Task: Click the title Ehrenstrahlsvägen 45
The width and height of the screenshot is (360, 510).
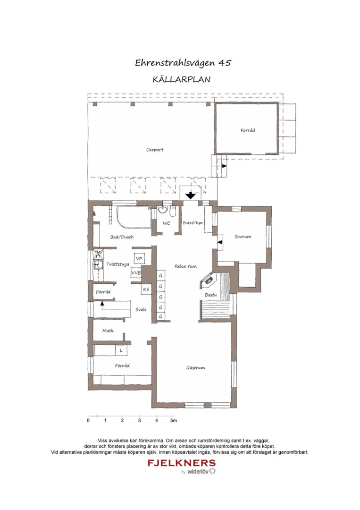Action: click(183, 63)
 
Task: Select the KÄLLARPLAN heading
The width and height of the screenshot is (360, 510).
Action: click(182, 80)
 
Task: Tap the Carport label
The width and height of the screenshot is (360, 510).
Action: click(155, 150)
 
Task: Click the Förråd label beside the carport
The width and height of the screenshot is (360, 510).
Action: click(248, 130)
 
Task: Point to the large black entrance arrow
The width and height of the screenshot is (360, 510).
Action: click(191, 194)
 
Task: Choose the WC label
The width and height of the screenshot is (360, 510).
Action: click(167, 223)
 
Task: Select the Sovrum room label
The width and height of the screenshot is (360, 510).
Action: click(243, 237)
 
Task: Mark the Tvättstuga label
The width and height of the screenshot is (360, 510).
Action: click(117, 264)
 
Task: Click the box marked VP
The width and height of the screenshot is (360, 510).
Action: click(139, 259)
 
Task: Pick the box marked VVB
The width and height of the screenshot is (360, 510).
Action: click(136, 273)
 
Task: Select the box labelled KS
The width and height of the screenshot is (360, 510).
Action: click(146, 289)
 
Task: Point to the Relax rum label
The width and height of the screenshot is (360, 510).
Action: click(185, 266)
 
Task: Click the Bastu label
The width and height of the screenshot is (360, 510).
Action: click(210, 295)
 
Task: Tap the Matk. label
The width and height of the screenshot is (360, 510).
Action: click(109, 331)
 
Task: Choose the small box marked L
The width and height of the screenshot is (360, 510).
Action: click(121, 351)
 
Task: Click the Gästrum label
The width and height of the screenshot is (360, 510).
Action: click(195, 367)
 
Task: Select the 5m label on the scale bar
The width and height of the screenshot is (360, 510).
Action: click(174, 420)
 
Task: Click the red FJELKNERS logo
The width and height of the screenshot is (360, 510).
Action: click(182, 463)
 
